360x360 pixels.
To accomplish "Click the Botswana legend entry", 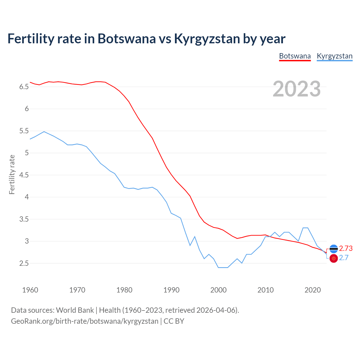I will click(295, 56).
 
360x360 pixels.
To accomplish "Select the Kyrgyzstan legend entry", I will click(334, 56).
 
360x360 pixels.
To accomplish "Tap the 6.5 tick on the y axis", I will click(24, 87).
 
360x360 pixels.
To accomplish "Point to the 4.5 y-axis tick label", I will click(24, 175).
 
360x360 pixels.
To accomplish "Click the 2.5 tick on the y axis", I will click(24, 264).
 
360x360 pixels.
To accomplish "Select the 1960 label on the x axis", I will click(30, 290).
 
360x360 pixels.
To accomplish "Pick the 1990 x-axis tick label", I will click(171, 290).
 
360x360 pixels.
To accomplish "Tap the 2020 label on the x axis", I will click(312, 290).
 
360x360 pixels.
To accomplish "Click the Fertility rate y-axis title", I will click(12, 174).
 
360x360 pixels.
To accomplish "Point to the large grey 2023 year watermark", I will click(296, 89).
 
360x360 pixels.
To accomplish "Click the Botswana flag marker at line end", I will click(334, 249).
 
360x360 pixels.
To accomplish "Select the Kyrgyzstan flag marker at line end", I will click(334, 258).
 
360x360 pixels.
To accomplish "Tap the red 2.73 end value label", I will click(346, 249).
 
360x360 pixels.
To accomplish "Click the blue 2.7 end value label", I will click(344, 258).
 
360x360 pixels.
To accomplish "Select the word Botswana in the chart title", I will click(126, 39).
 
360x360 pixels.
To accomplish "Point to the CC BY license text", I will click(174, 321).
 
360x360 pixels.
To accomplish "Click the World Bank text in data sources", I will click(75, 310).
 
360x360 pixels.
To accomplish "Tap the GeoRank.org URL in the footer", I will click(84, 321).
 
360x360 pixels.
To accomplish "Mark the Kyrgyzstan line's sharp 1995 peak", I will click(195, 237).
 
